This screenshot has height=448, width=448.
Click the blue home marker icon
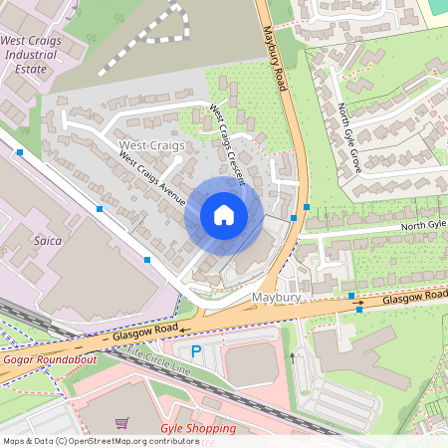[x=224, y=215]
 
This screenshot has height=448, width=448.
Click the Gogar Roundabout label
[x=50, y=358]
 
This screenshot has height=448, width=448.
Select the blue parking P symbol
[x=196, y=351]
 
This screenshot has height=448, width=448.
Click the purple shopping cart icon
[x=121, y=423]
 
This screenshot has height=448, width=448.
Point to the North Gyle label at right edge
[x=423, y=226]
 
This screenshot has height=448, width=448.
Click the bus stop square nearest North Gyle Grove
[x=307, y=207]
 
